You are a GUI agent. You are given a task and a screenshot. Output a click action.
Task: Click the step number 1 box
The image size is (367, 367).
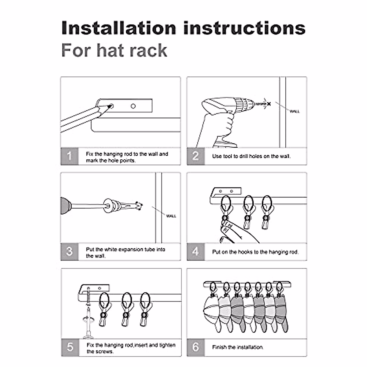(x=69, y=156)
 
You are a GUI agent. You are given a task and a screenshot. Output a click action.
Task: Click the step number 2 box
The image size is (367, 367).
(x=196, y=156)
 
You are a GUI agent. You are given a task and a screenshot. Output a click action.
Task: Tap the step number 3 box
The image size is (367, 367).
(x=69, y=252)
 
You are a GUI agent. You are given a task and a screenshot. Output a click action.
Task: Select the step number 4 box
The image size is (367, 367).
(x=196, y=252)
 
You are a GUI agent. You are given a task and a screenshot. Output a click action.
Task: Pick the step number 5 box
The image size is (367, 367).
(x=70, y=347)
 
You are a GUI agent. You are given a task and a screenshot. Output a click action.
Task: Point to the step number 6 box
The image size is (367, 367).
(x=196, y=347)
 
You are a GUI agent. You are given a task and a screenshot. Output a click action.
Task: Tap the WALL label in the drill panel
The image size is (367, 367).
(x=294, y=111)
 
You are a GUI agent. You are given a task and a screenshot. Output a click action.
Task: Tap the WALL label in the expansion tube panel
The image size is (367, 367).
(x=171, y=216)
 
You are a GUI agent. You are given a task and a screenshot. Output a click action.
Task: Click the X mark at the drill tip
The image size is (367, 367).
(x=269, y=104)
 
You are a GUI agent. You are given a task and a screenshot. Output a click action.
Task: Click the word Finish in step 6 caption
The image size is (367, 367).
(x=219, y=347)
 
